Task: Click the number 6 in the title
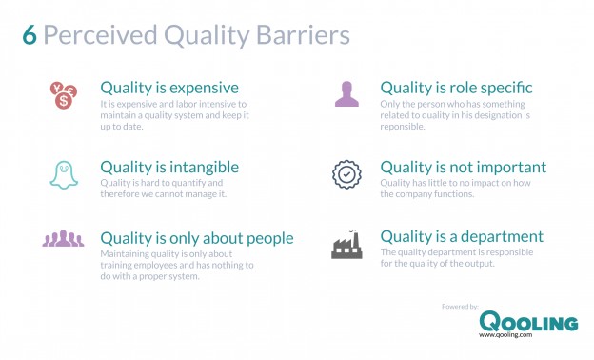[x=30, y=35]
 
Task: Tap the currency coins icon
[x=62, y=94]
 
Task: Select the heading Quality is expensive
[x=169, y=88]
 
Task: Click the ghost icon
[x=62, y=174]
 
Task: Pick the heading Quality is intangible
[x=169, y=167]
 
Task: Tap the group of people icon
[x=63, y=239]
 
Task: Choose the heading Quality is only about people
[x=197, y=237]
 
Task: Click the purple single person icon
[x=346, y=93]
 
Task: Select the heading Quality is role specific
[x=456, y=88]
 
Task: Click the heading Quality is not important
[x=463, y=167]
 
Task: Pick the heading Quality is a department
[x=462, y=236]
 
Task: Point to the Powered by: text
[x=462, y=305]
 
